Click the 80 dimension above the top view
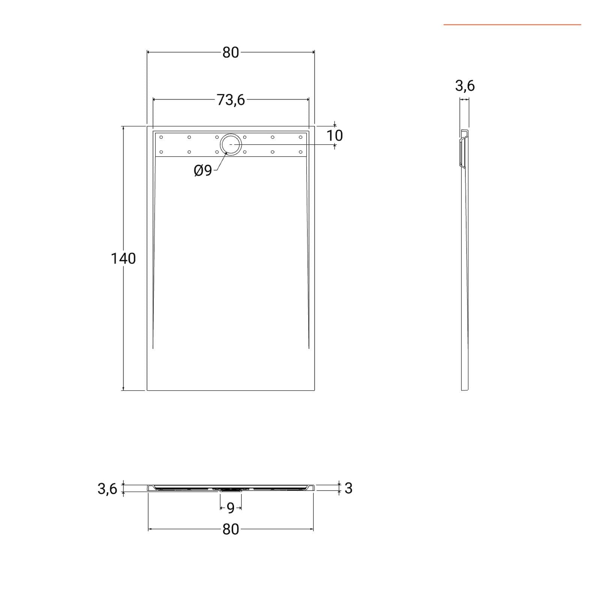(231, 52)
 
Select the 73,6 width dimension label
(231, 100)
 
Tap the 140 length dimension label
(123, 258)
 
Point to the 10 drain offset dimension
(334, 135)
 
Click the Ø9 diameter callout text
(203, 171)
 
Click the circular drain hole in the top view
(231, 144)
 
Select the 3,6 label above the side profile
(465, 86)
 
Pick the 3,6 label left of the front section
(107, 489)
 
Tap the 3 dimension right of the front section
(348, 488)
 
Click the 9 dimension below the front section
(231, 508)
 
